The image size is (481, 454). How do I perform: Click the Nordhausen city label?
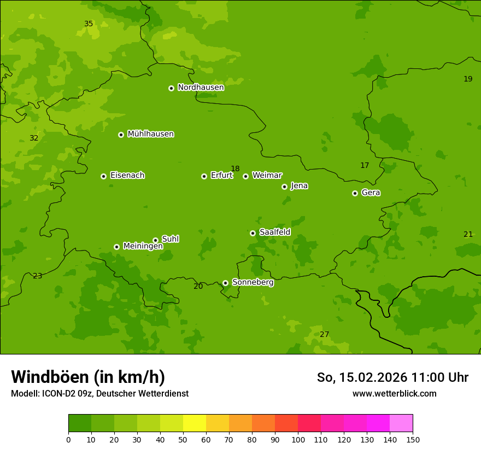coord(201,88)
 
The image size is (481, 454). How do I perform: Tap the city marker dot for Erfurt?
coord(204,176)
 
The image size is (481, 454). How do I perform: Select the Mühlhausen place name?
coord(150,134)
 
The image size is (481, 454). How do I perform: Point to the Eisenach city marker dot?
coord(103,176)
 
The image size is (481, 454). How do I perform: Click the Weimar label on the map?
coord(267,176)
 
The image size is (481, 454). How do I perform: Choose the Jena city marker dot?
coord(284,187)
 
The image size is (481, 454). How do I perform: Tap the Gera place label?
coord(371,193)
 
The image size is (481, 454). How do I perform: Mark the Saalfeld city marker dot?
coord(253,233)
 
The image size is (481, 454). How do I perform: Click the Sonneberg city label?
coord(253,282)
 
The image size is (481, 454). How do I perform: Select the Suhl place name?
coord(171,239)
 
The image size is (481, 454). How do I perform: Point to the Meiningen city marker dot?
coord(116,247)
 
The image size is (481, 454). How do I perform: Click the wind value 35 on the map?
coord(89,24)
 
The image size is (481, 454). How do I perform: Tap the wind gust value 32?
coord(34,138)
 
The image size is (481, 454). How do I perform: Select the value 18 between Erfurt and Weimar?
coord(235,168)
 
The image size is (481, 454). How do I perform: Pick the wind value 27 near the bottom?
coord(324,334)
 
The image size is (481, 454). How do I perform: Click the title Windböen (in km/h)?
coord(88,377)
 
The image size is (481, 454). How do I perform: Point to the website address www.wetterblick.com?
coord(394,393)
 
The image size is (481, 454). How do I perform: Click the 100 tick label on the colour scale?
coord(298,439)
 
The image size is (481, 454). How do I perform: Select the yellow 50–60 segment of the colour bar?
coord(195,423)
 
